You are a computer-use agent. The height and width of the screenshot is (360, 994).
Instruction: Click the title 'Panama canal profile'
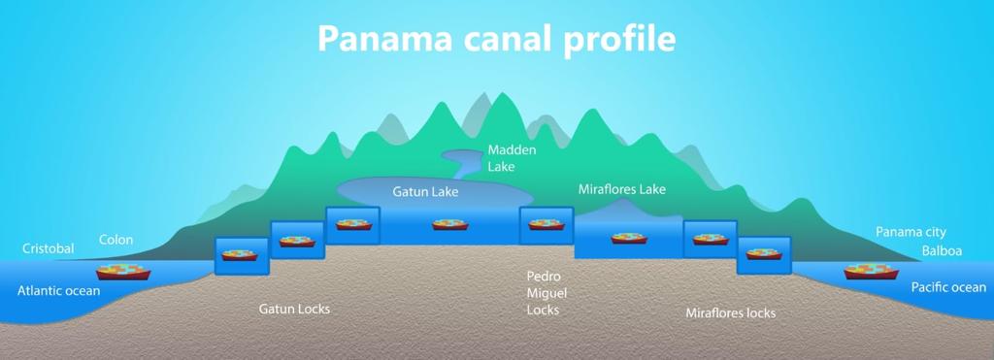pos(496,38)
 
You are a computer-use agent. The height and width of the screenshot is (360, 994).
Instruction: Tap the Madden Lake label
pos(512,158)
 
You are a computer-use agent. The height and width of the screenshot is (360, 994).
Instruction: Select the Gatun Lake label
pos(425,192)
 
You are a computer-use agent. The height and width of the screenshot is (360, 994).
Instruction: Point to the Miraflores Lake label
pos(621,189)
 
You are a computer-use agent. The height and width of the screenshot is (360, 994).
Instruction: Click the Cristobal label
pos(49,249)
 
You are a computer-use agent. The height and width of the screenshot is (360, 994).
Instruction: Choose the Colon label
pos(116,240)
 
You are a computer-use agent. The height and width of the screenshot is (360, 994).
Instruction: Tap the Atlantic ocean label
pos(58,290)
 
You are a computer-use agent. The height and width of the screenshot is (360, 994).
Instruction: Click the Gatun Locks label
pos(294,310)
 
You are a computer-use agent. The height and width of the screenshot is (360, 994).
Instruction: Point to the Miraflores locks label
pos(730,313)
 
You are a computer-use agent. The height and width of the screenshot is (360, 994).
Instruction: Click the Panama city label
pos(911,232)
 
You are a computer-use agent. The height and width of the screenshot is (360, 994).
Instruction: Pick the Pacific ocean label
pos(948,288)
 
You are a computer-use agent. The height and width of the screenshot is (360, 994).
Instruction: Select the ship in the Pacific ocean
pos(871,271)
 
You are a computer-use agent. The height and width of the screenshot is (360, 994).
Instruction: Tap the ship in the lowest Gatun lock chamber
pos(239,255)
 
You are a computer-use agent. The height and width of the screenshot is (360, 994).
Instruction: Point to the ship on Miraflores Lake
pos(629,238)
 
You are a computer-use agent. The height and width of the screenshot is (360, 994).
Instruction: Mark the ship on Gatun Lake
pos(450,224)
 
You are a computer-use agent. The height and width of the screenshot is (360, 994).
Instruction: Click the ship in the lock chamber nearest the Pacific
pos(763,253)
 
